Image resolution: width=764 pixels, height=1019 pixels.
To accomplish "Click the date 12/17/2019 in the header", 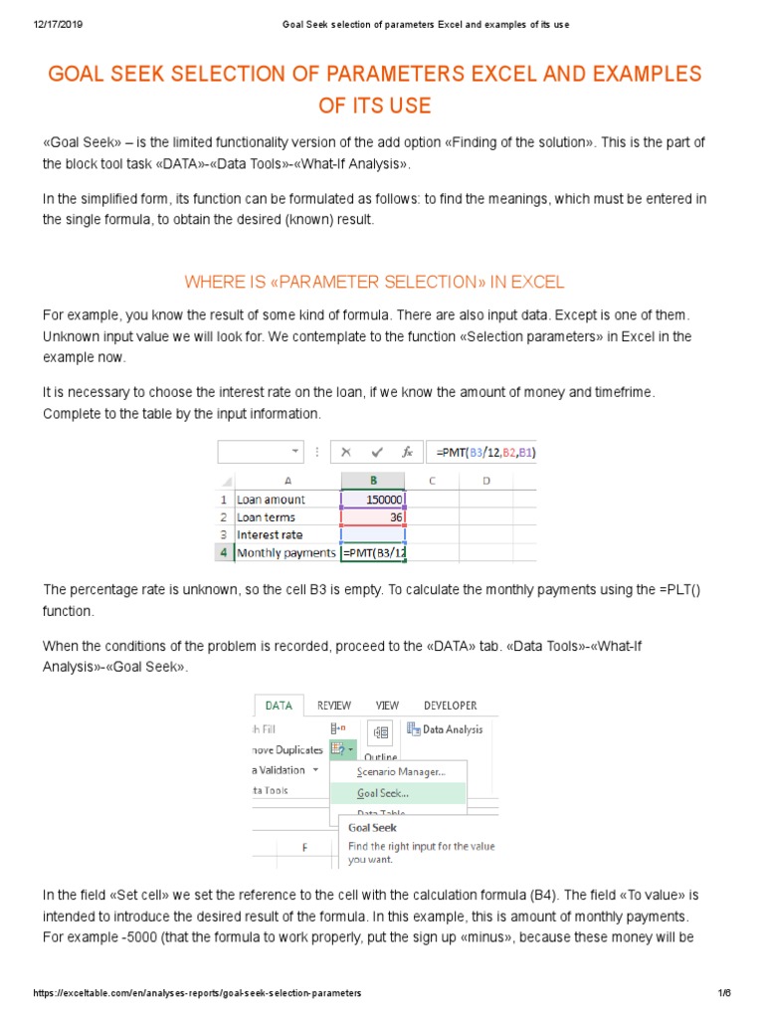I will click(48, 25).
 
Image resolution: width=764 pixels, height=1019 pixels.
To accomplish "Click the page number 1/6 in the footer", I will click(724, 993).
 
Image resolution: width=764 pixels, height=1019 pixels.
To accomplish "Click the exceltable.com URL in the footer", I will click(197, 993).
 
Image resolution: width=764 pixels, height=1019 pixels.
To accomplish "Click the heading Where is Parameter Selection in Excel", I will click(374, 282).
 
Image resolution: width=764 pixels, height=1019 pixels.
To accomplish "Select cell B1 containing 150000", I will click(373, 500).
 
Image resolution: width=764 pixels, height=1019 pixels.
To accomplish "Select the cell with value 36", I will click(373, 517).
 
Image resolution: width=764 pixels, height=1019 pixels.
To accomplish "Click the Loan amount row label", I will click(272, 500).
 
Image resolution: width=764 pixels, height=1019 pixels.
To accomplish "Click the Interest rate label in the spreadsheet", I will click(270, 534).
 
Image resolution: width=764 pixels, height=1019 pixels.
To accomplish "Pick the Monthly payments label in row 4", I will click(286, 552).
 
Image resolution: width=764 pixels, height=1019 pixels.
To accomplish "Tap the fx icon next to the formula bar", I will click(407, 452).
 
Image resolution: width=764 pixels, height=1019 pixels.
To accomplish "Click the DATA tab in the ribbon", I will click(279, 706).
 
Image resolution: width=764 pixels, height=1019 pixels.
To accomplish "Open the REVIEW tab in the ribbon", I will click(334, 706).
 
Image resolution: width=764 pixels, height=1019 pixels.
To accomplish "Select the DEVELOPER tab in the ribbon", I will click(450, 706).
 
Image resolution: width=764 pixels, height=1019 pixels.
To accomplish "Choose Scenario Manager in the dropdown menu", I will click(401, 771).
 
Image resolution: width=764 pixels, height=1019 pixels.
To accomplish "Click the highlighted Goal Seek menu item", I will click(383, 793).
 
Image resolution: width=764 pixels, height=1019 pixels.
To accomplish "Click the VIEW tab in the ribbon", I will click(387, 706).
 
